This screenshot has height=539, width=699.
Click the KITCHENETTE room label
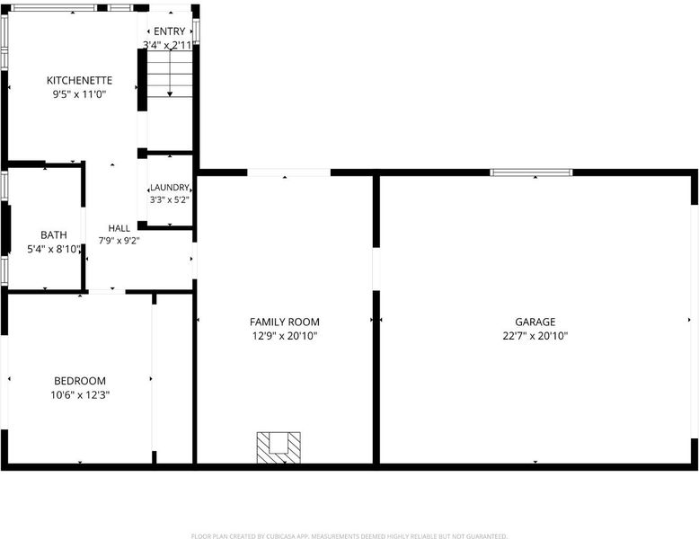click(x=79, y=80)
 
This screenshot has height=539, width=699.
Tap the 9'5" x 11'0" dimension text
click(x=79, y=94)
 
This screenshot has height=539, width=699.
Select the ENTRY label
click(x=170, y=31)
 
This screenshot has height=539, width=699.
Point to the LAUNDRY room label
click(x=170, y=187)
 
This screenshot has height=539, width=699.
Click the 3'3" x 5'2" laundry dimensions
click(x=170, y=199)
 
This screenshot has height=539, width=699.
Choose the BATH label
click(x=54, y=235)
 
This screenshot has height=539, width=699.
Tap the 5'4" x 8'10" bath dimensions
click(x=54, y=249)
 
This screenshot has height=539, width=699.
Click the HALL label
click(x=119, y=228)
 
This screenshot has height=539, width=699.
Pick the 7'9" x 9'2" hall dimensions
click(x=119, y=241)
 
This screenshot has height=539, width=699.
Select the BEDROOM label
click(x=80, y=381)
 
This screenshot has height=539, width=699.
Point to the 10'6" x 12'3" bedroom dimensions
click(x=80, y=394)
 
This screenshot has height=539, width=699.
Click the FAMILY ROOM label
click(x=285, y=322)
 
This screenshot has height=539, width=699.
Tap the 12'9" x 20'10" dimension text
click(x=285, y=336)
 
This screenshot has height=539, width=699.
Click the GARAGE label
click(x=535, y=322)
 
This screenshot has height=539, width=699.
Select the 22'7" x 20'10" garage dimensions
click(x=535, y=336)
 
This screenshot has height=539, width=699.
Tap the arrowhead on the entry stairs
click(x=170, y=94)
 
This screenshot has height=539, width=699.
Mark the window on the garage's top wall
click(x=531, y=172)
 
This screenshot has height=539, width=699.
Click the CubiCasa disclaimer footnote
click(x=349, y=536)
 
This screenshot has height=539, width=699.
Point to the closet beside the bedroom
click(x=174, y=379)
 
